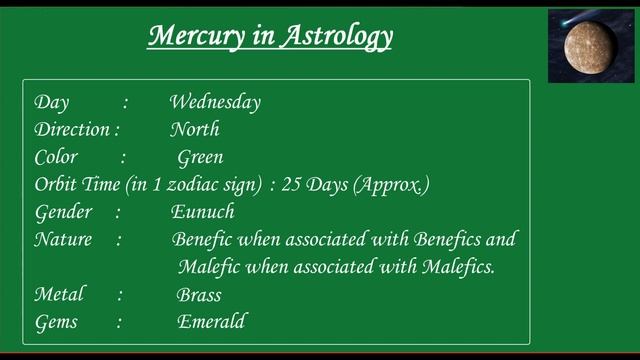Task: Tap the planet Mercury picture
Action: [x=590, y=47]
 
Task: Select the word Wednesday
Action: [x=215, y=102]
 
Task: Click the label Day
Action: [x=51, y=102]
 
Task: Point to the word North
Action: [x=194, y=129]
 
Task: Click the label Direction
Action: [x=72, y=129]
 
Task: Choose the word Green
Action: [x=200, y=157]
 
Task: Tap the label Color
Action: [x=56, y=157]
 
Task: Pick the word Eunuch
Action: [x=202, y=212]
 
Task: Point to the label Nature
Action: [x=63, y=240]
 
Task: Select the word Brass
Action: [x=199, y=295]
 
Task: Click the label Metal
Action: [x=59, y=295]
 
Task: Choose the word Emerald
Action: [x=211, y=322]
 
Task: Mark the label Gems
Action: [x=55, y=322]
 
